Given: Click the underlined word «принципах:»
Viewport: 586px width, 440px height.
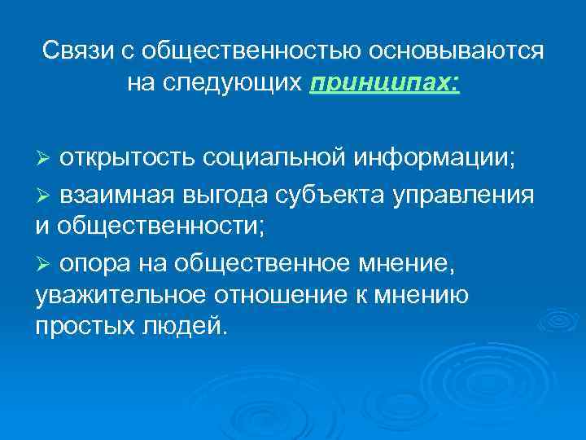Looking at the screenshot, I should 385,82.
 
